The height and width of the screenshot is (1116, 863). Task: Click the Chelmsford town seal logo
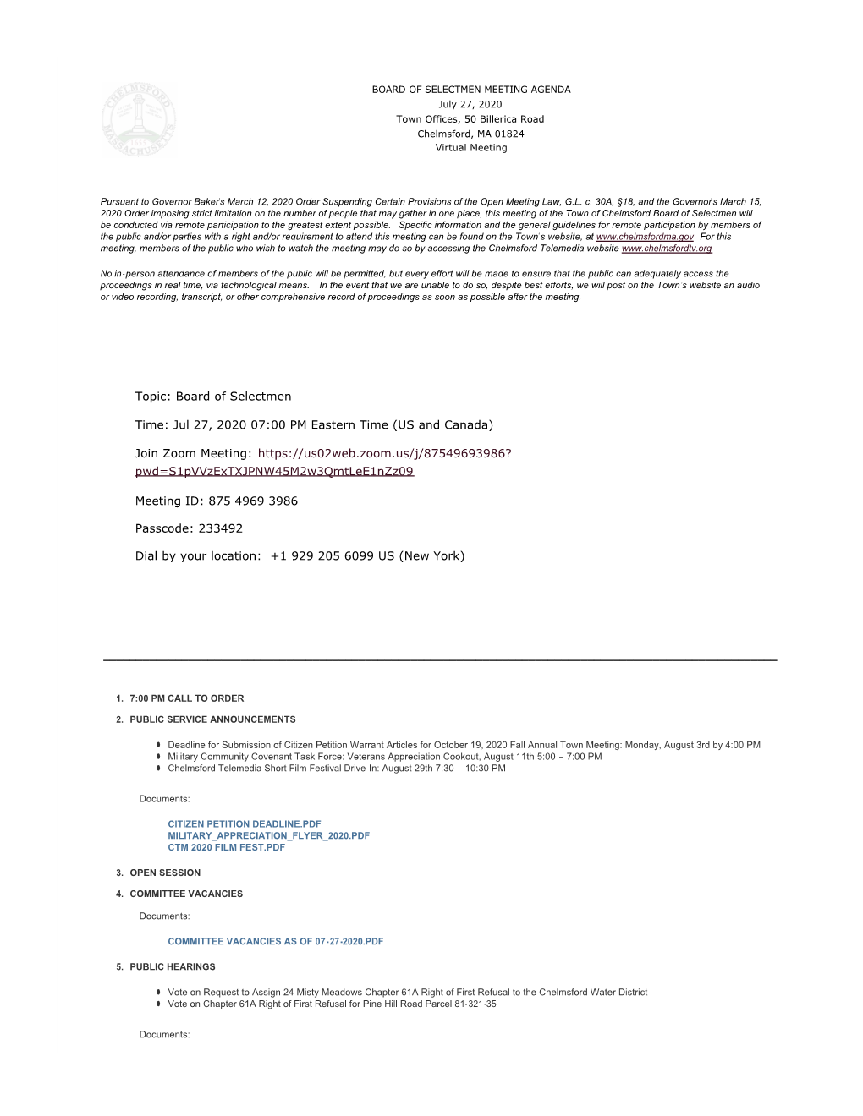[139, 120]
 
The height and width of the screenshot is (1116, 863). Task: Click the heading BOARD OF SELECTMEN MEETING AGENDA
[471, 90]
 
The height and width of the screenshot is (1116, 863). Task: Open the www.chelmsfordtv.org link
[667, 249]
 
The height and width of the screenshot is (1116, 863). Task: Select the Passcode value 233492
[221, 529]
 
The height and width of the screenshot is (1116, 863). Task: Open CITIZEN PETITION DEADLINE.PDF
[245, 824]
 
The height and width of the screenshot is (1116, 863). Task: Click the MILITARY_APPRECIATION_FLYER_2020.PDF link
[268, 836]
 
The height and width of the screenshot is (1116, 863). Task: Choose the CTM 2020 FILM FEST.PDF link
[226, 848]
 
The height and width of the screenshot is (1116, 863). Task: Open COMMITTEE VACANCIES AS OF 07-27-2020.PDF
[275, 942]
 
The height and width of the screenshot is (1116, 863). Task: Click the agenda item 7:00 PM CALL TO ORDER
[186, 699]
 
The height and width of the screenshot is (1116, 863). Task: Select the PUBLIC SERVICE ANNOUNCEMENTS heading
[212, 720]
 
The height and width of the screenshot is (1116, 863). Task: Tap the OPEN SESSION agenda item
[165, 873]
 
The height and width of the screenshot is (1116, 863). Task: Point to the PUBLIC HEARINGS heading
[173, 967]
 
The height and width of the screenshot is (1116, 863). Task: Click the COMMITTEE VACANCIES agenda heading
[186, 894]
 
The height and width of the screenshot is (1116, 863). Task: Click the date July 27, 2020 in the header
[470, 105]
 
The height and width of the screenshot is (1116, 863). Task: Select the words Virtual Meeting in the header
[471, 148]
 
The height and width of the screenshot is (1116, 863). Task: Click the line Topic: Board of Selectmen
[213, 397]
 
